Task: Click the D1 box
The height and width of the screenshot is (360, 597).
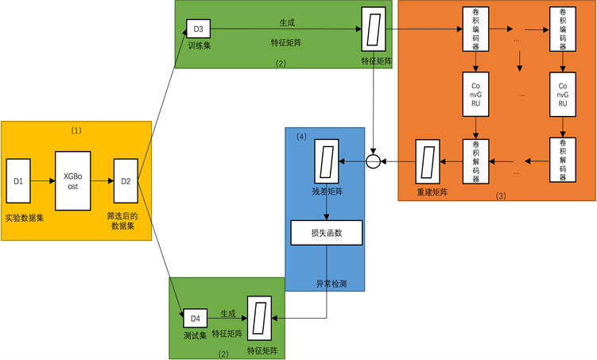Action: [18, 181]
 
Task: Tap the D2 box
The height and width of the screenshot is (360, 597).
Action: [126, 181]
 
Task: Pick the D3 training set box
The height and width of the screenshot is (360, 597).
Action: [198, 29]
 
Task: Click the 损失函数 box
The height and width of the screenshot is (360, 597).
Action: [327, 233]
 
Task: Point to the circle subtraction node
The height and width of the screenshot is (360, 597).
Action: [374, 162]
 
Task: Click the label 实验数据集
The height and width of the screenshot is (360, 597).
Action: [24, 216]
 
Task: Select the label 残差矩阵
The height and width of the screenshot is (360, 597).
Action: [327, 191]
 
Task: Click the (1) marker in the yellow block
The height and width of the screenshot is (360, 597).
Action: [76, 130]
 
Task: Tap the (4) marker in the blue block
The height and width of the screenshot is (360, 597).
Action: [302, 137]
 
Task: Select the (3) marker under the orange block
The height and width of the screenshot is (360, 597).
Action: [499, 195]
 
